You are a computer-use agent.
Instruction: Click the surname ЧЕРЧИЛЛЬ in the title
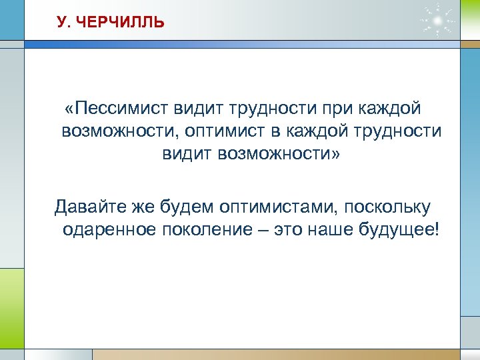(x=120, y=23)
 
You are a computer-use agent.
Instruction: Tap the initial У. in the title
(x=64, y=23)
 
